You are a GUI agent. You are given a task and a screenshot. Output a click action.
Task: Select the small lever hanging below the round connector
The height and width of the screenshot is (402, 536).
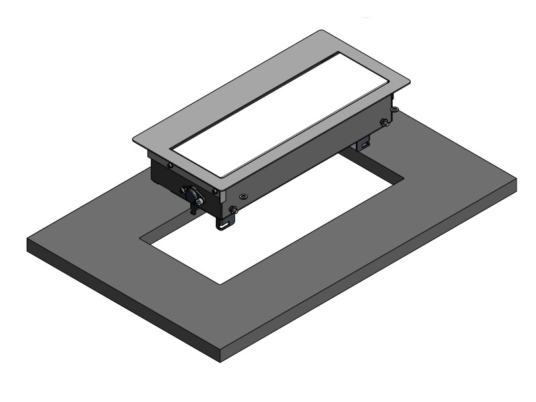(x=194, y=206)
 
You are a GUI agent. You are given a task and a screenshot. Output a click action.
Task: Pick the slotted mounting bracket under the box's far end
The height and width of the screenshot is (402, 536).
(x=363, y=143)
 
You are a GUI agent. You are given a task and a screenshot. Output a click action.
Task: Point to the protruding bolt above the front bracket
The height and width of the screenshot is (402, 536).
(x=233, y=210)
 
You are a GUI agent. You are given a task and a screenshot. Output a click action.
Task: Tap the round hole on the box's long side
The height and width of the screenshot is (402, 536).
(x=243, y=196)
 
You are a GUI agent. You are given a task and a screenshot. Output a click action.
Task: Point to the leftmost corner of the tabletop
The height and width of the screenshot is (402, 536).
(x=28, y=239)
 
